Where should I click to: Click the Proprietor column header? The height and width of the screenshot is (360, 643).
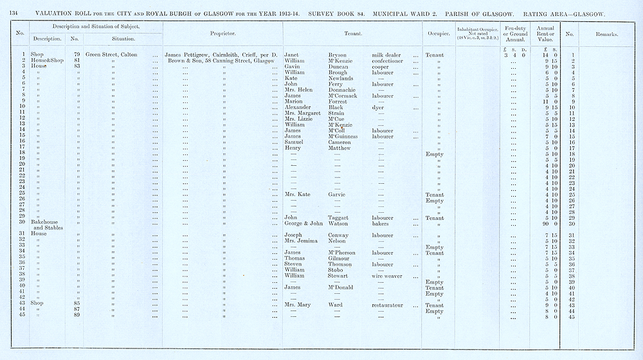coord(222,33)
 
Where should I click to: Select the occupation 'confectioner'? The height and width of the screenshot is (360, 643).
coord(389,60)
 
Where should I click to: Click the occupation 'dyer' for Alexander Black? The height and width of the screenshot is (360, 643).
coord(378,107)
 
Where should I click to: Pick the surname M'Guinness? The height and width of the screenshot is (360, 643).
coord(347,136)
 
